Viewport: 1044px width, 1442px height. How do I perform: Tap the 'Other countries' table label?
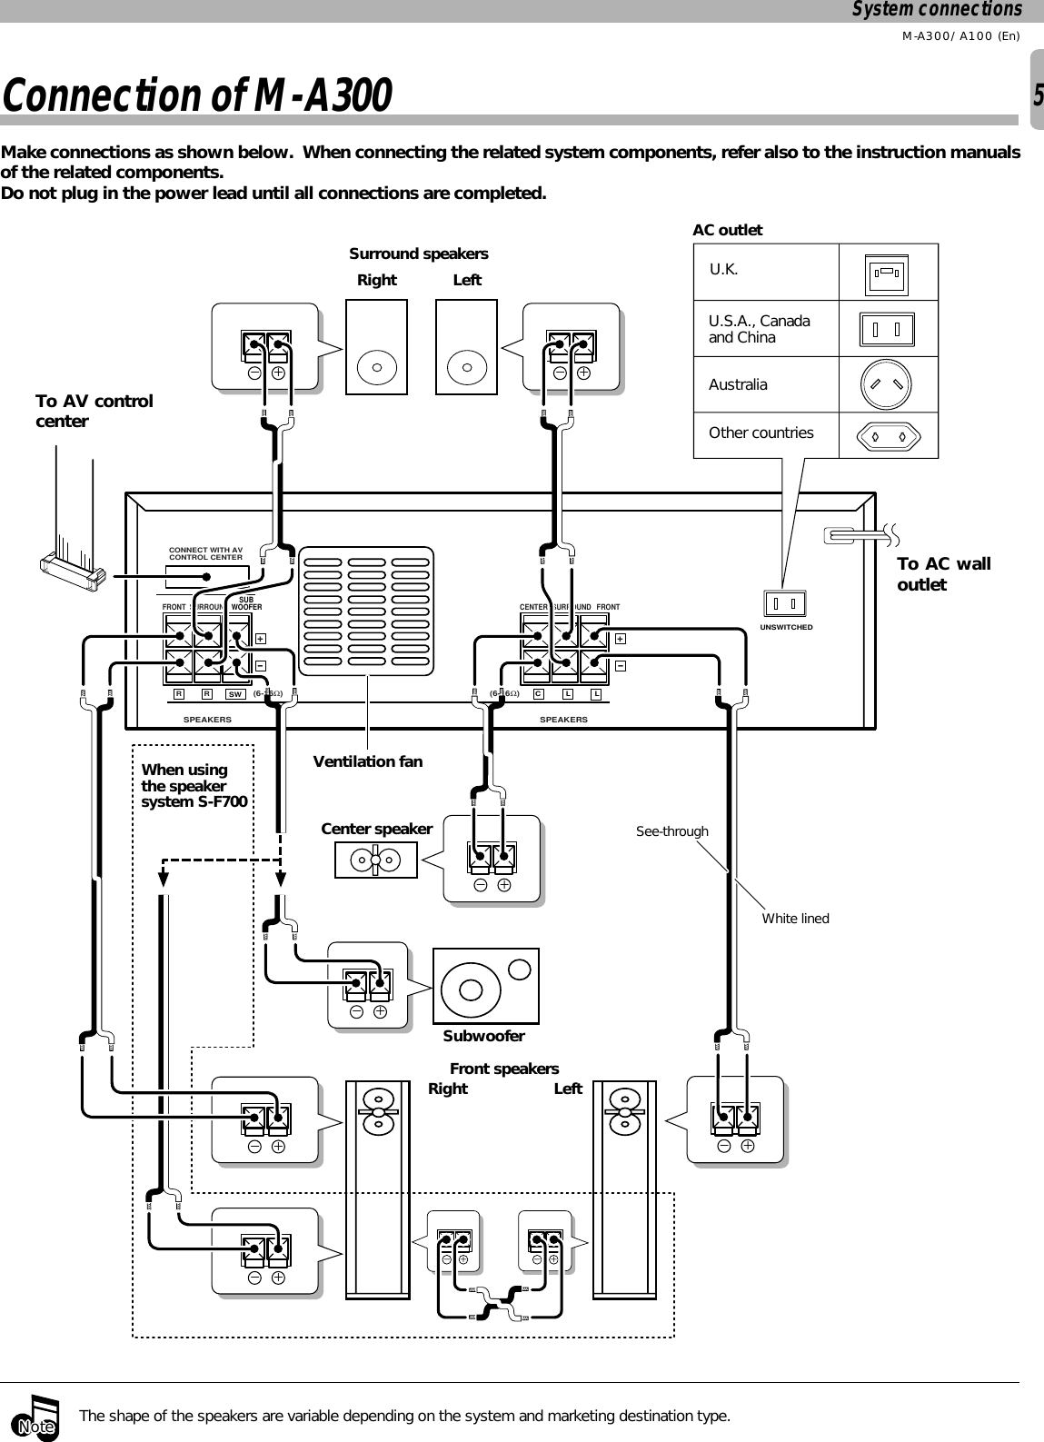761,433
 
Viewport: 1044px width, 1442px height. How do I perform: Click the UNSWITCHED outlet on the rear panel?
786,603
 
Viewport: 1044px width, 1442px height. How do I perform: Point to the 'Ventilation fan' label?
367,761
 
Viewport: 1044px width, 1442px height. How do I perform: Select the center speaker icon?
375,859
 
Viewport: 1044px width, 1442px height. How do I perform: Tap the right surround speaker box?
376,348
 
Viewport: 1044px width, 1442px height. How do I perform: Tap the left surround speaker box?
467,348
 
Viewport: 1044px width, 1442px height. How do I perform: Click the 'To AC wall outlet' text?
943,574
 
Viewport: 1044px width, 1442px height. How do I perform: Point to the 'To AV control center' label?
94,411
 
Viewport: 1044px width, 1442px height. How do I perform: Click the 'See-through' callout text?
671,831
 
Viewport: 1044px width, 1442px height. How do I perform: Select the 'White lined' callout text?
795,919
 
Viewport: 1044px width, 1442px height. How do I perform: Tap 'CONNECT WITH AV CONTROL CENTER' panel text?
206,552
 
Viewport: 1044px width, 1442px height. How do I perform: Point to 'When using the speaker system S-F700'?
194,786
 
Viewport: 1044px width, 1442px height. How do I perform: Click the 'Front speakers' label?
504,1069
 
